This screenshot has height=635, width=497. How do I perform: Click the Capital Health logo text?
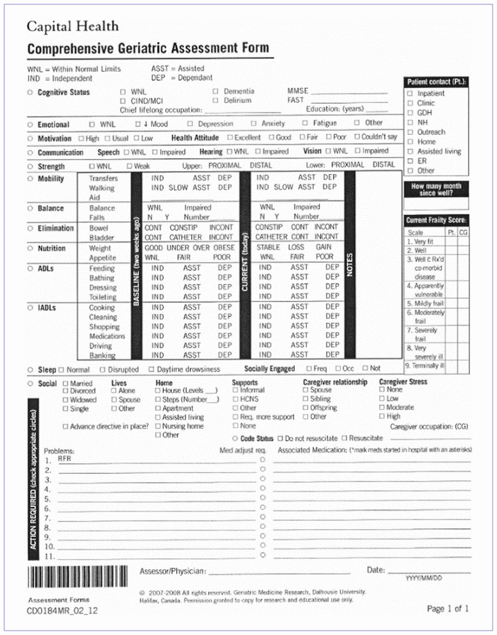tap(72, 27)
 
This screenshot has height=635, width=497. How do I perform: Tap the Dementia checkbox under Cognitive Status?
tap(216, 92)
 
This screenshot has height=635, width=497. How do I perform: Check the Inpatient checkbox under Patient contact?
tap(410, 94)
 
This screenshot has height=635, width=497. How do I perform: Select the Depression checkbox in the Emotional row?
tap(191, 124)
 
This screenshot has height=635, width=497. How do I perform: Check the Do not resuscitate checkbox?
tap(280, 438)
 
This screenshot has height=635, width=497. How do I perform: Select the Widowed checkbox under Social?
tap(65, 400)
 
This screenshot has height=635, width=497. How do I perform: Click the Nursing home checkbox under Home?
tap(158, 426)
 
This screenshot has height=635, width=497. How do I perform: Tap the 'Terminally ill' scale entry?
tap(426, 366)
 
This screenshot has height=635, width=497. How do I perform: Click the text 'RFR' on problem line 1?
tap(65, 460)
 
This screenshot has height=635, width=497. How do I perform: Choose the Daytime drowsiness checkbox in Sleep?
tap(151, 369)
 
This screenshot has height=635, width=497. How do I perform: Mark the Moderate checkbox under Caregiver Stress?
tap(383, 408)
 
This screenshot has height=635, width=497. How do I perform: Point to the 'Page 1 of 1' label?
tap(448, 609)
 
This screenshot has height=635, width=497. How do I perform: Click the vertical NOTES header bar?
tap(349, 264)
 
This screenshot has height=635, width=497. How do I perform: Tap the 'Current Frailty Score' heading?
tap(436, 220)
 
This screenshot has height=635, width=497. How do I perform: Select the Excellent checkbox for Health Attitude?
tap(230, 138)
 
